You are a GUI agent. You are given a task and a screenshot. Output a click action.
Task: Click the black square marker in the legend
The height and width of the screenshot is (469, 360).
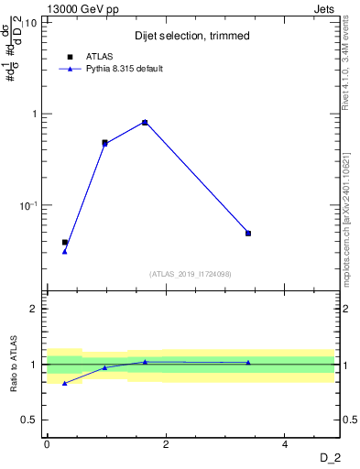tap(70, 57)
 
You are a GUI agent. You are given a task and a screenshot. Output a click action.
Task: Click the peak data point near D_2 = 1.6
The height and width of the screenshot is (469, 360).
tap(145, 122)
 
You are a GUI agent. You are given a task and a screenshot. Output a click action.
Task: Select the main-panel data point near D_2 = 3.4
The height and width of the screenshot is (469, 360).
tap(248, 233)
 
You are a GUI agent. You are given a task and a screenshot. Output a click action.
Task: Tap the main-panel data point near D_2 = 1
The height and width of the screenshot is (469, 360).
tap(104, 143)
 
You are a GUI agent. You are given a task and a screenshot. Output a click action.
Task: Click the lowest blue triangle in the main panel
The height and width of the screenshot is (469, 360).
tap(64, 251)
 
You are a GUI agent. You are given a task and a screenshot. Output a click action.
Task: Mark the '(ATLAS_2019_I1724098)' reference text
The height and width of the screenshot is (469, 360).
tap(191, 274)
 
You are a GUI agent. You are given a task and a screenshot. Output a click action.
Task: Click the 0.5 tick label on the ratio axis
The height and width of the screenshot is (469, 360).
tap(30, 420)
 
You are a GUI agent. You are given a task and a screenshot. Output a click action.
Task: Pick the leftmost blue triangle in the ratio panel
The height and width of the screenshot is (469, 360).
tap(64, 383)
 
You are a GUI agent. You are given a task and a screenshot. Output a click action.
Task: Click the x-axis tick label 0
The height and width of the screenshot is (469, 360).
tap(47, 444)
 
